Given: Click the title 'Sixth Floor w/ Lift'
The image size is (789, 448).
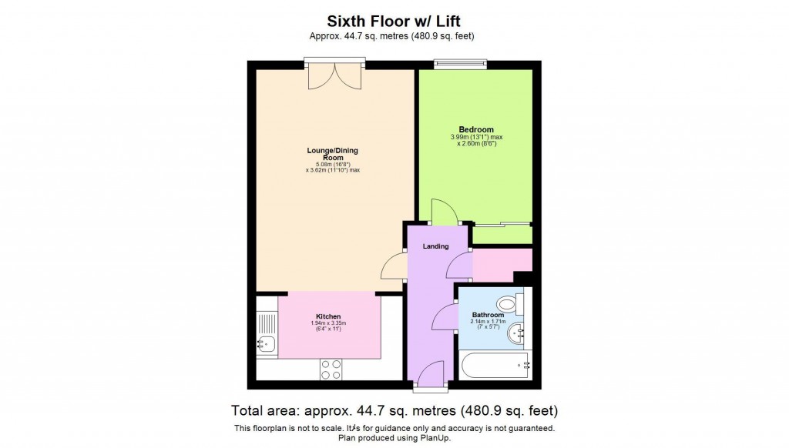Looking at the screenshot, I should (394, 21).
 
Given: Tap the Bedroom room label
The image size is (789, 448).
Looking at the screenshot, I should (476, 129).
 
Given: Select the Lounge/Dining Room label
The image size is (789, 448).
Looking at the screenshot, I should (333, 153).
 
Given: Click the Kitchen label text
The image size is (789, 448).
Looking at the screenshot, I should (328, 316).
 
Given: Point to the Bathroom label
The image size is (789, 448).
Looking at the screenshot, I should (488, 315).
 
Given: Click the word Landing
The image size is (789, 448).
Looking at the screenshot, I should (435, 246).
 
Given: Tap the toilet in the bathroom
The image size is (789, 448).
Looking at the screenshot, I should (509, 302).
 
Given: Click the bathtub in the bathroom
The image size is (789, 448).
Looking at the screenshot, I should (493, 366).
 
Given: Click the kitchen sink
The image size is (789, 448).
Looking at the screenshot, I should (267, 345).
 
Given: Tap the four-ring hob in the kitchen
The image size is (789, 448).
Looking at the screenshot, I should (331, 369).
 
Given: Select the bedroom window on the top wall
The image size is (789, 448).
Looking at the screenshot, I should (460, 65).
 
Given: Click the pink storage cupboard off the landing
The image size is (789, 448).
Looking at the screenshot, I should (501, 265).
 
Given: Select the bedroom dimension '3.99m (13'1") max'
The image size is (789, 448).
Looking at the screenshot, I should (476, 137).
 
